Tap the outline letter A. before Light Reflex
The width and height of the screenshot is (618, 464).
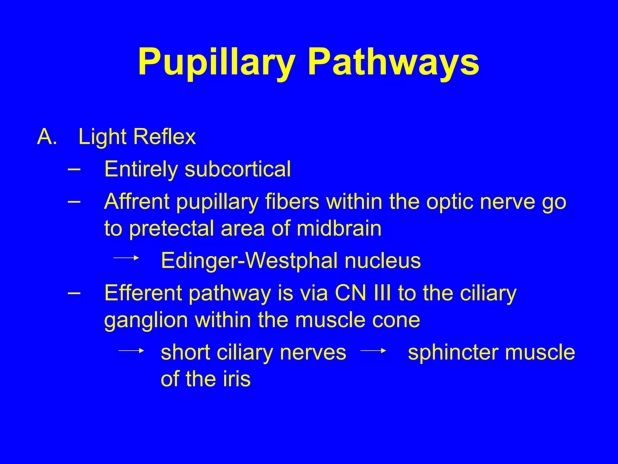47,137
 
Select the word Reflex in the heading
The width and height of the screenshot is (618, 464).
164,137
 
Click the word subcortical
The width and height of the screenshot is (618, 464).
238,169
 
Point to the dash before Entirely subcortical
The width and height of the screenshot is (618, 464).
74,169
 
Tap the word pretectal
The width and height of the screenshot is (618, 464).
172,228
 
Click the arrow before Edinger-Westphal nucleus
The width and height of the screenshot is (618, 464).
126,258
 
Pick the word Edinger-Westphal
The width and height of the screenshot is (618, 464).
249,260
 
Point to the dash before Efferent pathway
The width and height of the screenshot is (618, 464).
74,293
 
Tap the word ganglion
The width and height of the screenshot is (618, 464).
146,320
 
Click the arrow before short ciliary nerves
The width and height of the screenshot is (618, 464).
131,350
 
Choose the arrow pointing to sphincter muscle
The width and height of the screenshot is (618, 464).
373,350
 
